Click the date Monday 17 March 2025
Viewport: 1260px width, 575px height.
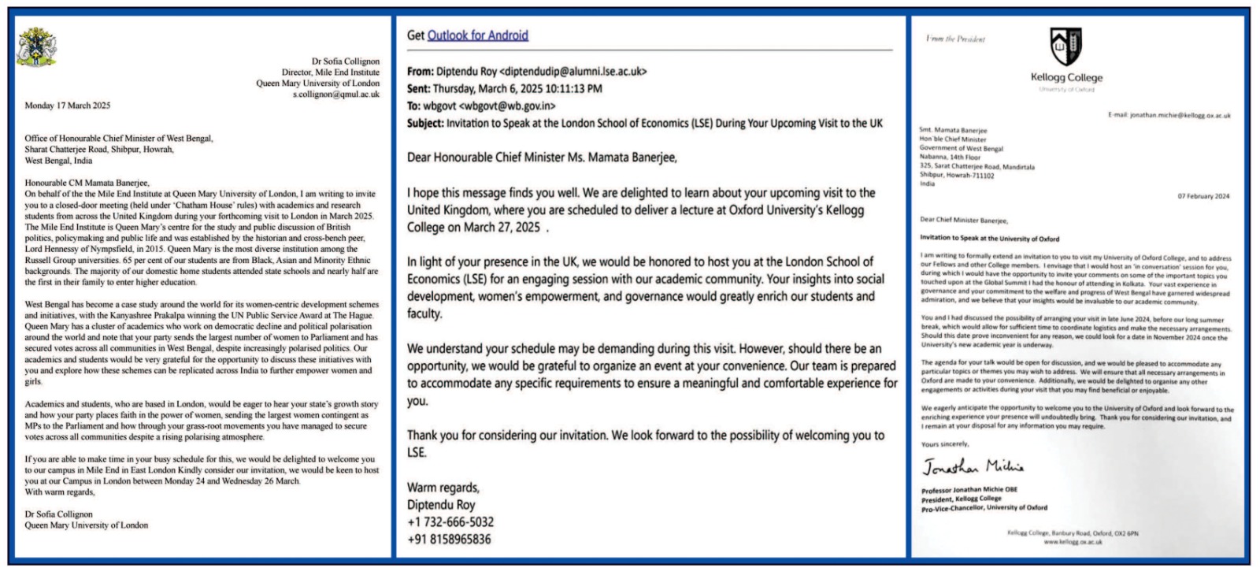coord(68,106)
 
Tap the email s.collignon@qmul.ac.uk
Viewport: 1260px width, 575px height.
coord(336,95)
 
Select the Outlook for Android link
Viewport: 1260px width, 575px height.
coord(477,35)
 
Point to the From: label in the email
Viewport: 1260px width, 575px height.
coord(421,72)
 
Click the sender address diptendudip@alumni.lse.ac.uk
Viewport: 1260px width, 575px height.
coord(573,72)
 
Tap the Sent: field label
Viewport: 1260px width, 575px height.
coord(419,89)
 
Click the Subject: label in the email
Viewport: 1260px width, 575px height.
coord(425,124)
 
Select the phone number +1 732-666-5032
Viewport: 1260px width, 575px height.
coord(450,522)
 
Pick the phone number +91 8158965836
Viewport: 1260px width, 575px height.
coord(449,540)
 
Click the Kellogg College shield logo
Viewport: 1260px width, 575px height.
coord(1066,46)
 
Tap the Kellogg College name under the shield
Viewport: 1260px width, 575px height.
coord(1066,77)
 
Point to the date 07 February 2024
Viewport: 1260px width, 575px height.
coord(1203,196)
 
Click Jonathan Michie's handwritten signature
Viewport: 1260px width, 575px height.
coord(973,467)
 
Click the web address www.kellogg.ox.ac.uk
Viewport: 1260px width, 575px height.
coord(1073,542)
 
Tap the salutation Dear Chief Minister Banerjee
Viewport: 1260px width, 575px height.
coord(964,221)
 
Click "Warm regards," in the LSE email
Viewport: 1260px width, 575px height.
coord(443,488)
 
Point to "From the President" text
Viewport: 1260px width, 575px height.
coord(955,39)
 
